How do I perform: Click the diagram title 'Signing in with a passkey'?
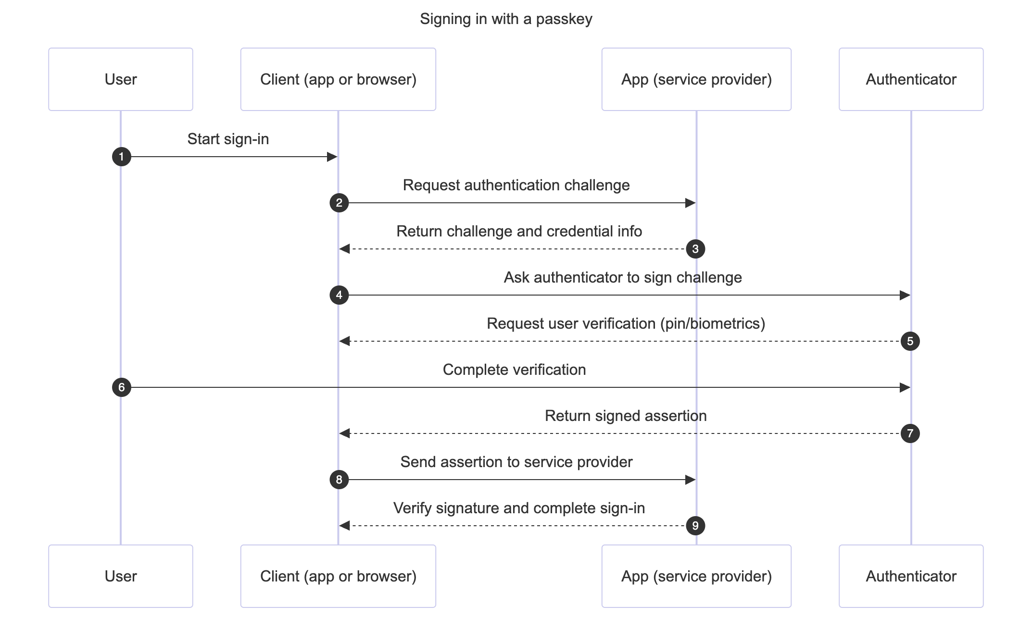coord(506,19)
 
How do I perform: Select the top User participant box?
coord(121,79)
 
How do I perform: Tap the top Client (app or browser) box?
coord(338,79)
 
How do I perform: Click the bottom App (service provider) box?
coord(696,576)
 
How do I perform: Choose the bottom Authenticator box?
coord(911,576)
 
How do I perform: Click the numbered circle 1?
coord(122,157)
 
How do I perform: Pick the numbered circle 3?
coord(695,249)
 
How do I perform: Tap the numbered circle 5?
coord(910,341)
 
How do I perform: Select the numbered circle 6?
coord(122,387)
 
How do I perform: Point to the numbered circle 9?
coord(695,526)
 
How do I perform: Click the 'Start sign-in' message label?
coord(228,139)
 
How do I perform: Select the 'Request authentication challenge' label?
coord(516,185)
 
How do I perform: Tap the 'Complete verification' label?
coord(514,370)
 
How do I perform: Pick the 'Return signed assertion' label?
coord(626,416)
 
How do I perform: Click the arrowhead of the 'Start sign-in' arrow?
coord(332,157)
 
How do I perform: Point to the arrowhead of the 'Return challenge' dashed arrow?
coord(344,249)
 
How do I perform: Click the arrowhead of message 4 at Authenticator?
coord(905,295)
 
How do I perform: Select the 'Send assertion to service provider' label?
coord(516,462)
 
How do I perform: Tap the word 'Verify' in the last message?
coord(413,508)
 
